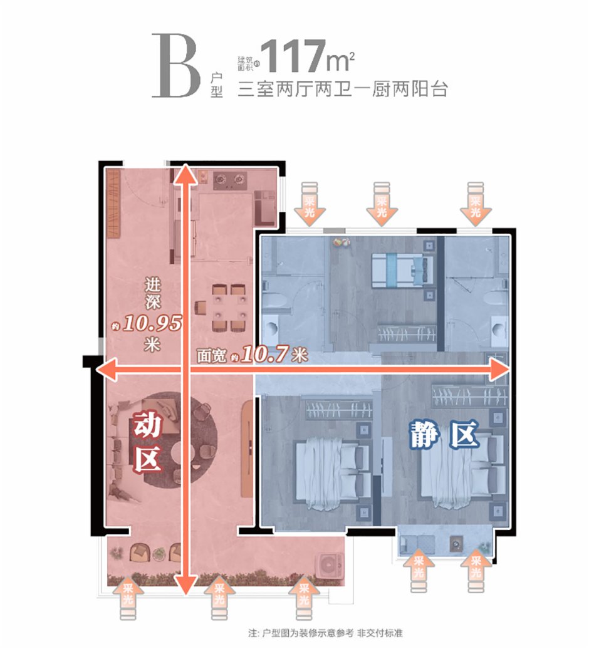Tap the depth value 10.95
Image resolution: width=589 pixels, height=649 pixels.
pyautogui.click(x=153, y=323)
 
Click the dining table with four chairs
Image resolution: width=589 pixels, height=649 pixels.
pyautogui.click(x=228, y=308)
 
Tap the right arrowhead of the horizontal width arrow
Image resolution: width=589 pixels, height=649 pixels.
pyautogui.click(x=499, y=371)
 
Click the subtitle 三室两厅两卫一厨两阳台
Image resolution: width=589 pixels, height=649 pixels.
pyautogui.click(x=343, y=89)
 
